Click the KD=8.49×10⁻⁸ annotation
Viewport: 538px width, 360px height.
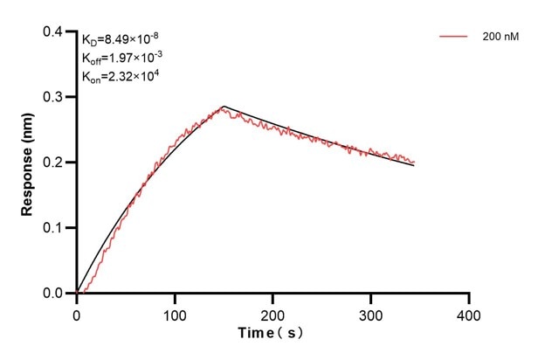[121, 38]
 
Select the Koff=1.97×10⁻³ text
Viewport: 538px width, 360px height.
[121, 57]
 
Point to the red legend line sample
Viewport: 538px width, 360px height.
[453, 37]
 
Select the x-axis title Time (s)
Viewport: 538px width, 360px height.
[272, 333]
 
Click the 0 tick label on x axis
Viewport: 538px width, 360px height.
[77, 313]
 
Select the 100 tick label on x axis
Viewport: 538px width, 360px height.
[175, 313]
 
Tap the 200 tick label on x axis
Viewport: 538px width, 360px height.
[272, 313]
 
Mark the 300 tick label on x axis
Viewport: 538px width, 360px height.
[371, 313]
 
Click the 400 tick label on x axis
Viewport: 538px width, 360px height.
[469, 313]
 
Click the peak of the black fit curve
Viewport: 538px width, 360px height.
[224, 107]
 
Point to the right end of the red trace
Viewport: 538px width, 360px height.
[414, 162]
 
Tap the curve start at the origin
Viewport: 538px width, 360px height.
[78, 293]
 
